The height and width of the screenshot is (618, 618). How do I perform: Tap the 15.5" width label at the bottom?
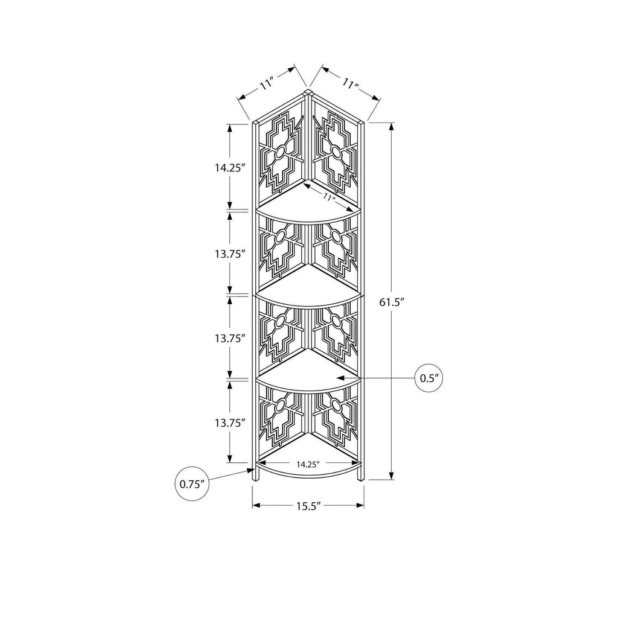(x=308, y=506)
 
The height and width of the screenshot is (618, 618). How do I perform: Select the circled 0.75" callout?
(x=191, y=484)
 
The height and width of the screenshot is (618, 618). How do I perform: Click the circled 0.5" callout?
(x=429, y=378)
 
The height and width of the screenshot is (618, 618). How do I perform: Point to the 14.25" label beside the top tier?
(x=230, y=168)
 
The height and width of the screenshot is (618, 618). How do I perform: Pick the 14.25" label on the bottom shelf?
(x=308, y=464)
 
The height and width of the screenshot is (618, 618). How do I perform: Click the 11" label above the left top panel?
(x=266, y=84)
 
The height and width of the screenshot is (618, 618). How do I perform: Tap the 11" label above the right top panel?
(x=349, y=84)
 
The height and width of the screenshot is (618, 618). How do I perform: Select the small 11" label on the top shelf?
(x=327, y=197)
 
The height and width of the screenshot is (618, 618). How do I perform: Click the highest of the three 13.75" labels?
(x=230, y=254)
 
